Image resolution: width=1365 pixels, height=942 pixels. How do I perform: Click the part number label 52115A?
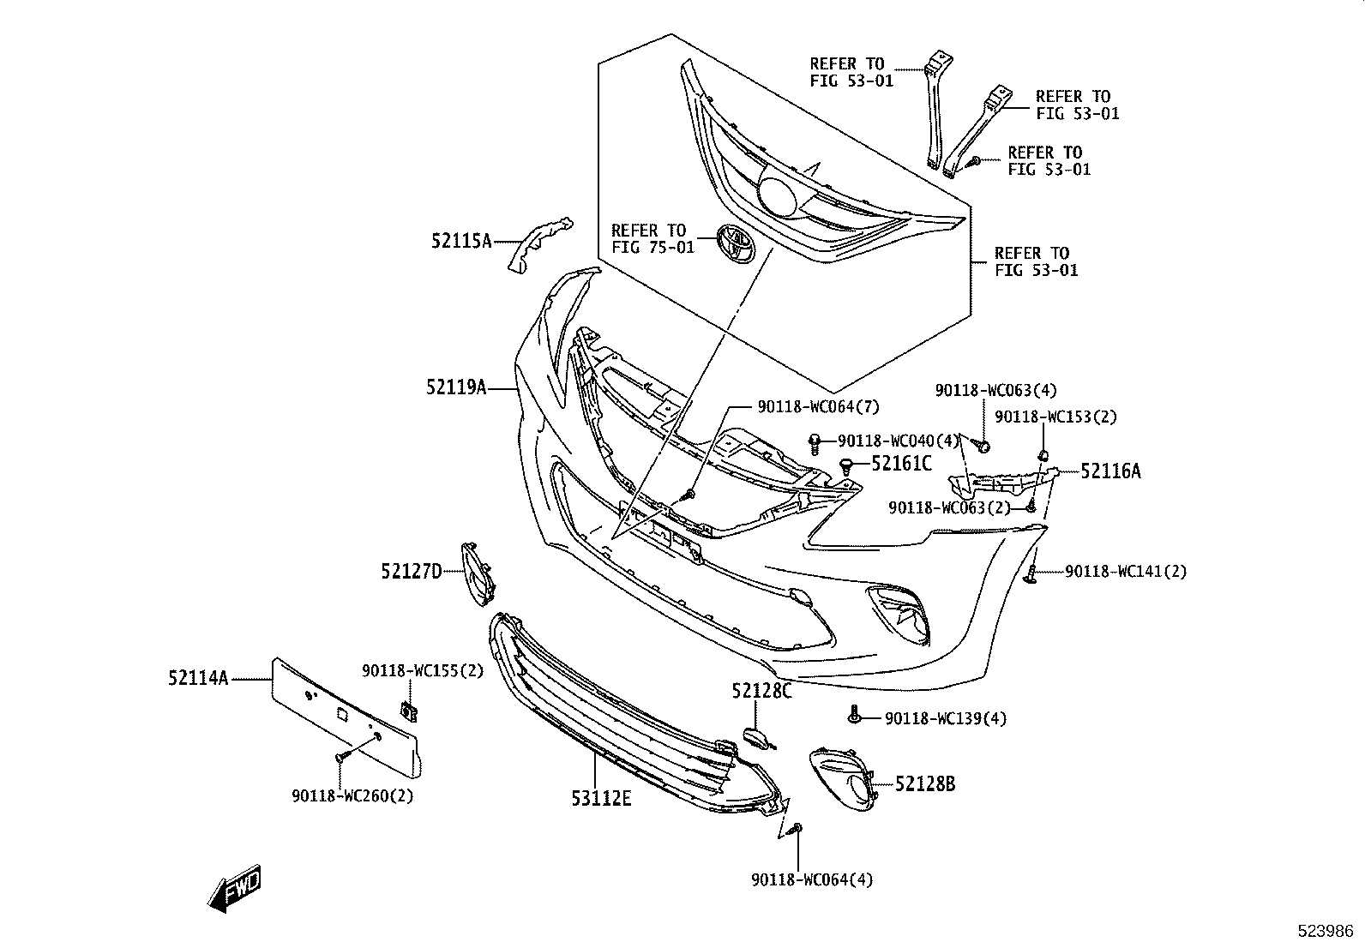point(460,242)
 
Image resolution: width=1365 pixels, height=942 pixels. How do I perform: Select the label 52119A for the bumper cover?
point(456,388)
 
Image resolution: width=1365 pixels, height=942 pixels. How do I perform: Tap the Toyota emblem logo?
point(736,243)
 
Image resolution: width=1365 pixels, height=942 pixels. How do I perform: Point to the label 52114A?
point(198,679)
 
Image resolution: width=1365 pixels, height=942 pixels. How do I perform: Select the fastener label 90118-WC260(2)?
point(352,796)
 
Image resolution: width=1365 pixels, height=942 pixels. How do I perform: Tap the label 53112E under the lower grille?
point(601,799)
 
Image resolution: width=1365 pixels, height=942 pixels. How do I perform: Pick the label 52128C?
point(761,691)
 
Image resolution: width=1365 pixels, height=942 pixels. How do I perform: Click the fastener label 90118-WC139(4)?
point(946,718)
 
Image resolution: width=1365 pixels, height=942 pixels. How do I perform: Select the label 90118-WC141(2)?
point(1126,572)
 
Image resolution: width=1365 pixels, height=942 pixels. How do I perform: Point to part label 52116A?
point(1110,471)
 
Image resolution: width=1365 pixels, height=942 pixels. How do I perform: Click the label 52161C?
point(901,464)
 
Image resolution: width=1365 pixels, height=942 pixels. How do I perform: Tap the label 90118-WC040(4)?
point(898,441)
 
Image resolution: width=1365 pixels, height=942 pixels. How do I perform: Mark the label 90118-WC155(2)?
point(422,671)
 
